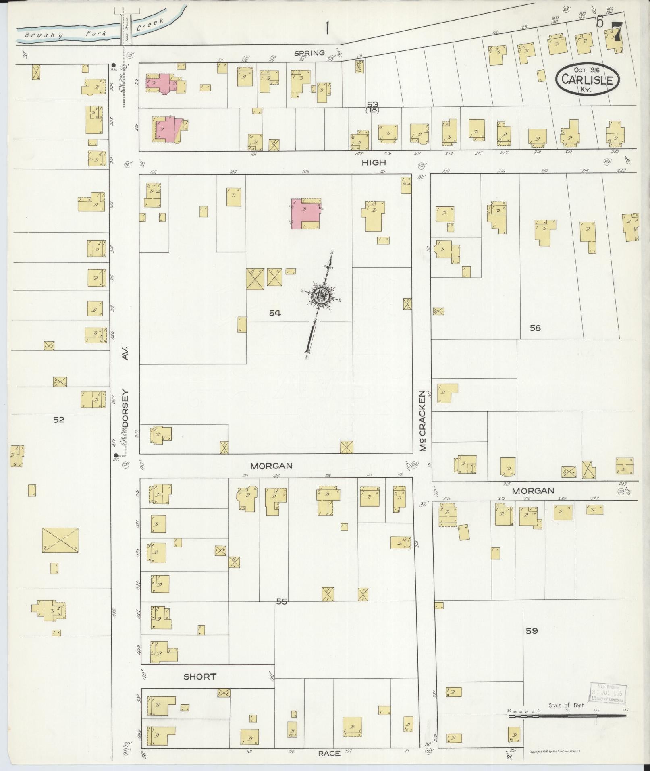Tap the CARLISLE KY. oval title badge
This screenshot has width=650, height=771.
(x=588, y=79)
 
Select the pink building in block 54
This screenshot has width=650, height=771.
(x=306, y=213)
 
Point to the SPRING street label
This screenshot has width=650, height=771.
(x=309, y=53)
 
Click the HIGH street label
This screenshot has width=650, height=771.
(x=374, y=162)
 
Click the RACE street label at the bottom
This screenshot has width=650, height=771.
(x=329, y=752)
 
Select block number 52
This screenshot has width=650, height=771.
(x=59, y=420)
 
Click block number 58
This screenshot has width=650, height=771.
(x=535, y=328)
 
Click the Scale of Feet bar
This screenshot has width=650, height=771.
(x=567, y=716)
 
